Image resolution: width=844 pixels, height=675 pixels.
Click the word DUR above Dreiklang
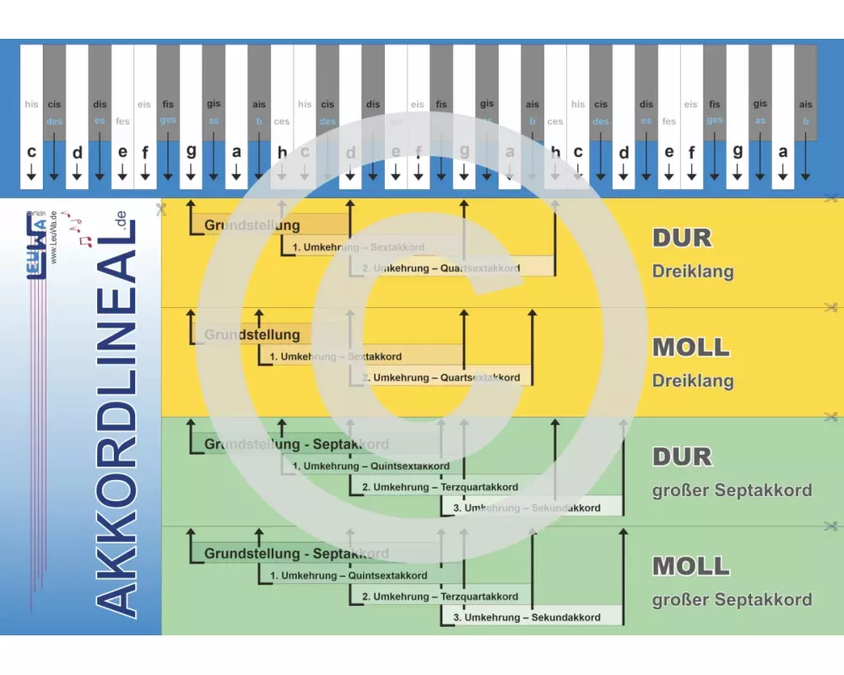(682, 238)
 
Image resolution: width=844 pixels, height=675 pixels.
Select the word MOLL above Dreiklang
(691, 348)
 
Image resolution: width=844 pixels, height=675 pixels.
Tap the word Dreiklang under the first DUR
(693, 272)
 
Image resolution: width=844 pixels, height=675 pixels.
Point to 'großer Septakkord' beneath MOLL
(732, 600)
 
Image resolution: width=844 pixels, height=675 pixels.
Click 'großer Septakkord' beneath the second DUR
(732, 490)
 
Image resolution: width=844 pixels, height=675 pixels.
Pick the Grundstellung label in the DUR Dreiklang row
(252, 225)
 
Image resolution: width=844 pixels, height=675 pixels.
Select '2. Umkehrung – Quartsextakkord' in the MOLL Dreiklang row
(441, 378)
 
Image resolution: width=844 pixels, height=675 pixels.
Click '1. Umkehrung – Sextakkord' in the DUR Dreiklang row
(358, 247)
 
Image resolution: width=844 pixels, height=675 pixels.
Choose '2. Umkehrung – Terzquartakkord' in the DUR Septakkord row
(440, 487)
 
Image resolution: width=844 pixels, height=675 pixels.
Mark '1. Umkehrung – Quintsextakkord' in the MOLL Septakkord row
(349, 575)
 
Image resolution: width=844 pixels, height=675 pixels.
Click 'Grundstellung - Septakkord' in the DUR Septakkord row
(296, 444)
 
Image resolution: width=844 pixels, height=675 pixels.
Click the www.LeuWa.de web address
(54, 237)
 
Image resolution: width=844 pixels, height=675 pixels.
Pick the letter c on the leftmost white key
(31, 153)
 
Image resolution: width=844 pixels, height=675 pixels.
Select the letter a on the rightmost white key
(782, 153)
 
